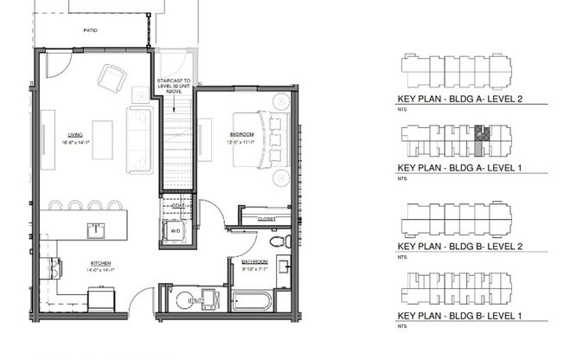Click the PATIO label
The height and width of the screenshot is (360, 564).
(91, 30)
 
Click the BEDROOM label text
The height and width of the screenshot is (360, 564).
(241, 134)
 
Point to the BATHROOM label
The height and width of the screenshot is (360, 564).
(254, 261)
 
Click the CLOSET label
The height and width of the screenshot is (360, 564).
(267, 220)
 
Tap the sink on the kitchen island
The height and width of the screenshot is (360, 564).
(95, 229)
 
